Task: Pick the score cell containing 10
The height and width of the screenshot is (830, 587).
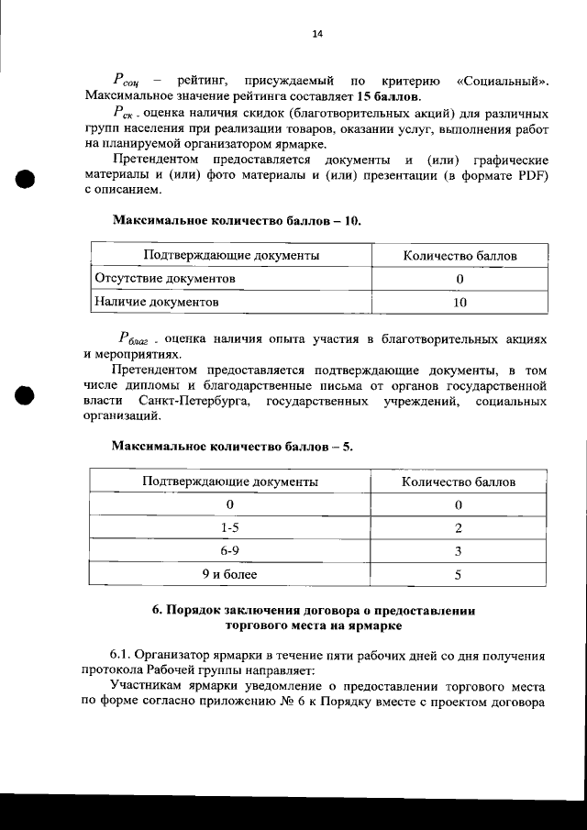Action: tap(460, 301)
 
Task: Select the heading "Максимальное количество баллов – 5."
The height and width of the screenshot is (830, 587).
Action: tap(232, 447)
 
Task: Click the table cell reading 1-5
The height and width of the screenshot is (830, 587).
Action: tap(230, 527)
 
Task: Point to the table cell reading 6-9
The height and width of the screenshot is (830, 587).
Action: tap(230, 551)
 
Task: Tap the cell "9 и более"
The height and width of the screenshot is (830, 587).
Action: tap(230, 575)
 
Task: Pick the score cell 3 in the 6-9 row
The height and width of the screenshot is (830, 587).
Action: tap(458, 551)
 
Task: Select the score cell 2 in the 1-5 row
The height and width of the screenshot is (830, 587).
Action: tap(458, 527)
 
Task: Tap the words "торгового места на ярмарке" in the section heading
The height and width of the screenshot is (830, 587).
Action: tap(313, 625)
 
